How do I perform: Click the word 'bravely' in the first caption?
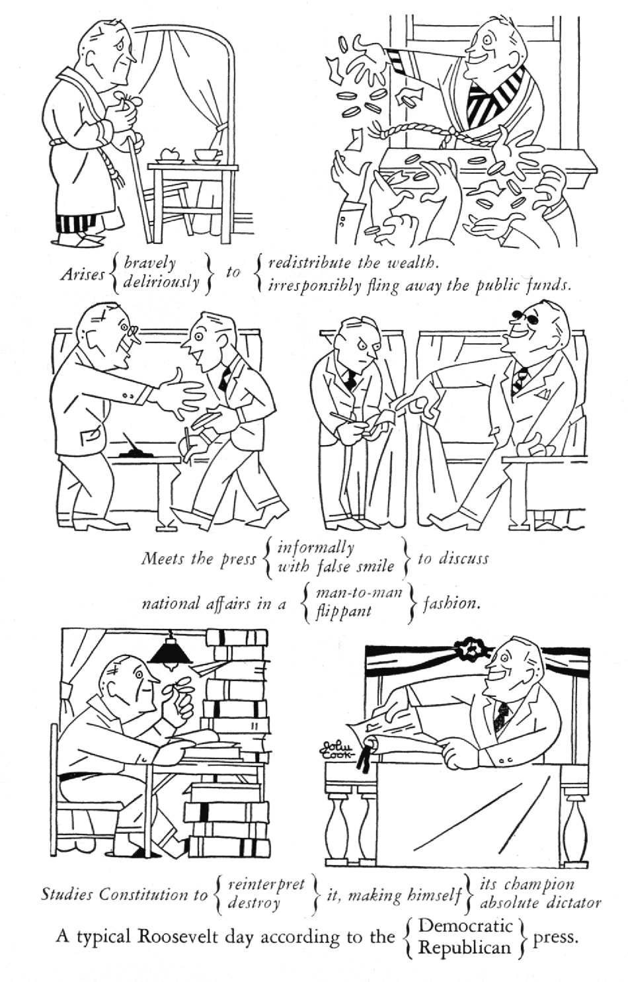(149, 263)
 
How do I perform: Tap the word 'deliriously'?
(161, 282)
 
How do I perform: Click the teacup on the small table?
(206, 154)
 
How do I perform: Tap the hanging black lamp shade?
(170, 653)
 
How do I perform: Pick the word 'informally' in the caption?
(315, 549)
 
